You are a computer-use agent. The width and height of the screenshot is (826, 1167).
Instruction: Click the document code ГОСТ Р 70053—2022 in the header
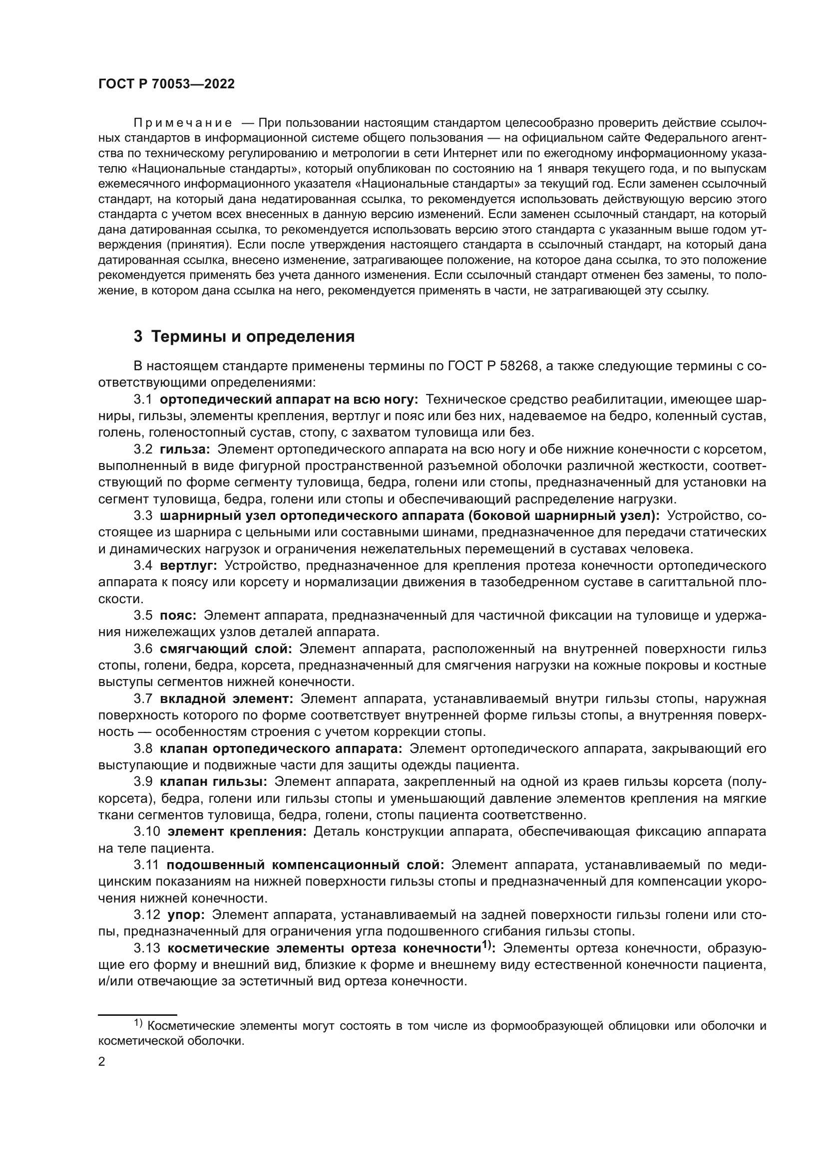pyautogui.click(x=166, y=84)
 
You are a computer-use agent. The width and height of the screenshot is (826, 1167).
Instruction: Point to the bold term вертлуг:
pyautogui.click(x=188, y=565)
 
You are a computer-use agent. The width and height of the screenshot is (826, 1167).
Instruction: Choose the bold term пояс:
pyautogui.click(x=178, y=615)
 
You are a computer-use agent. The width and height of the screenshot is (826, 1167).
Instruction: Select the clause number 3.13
pyautogui.click(x=147, y=948)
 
